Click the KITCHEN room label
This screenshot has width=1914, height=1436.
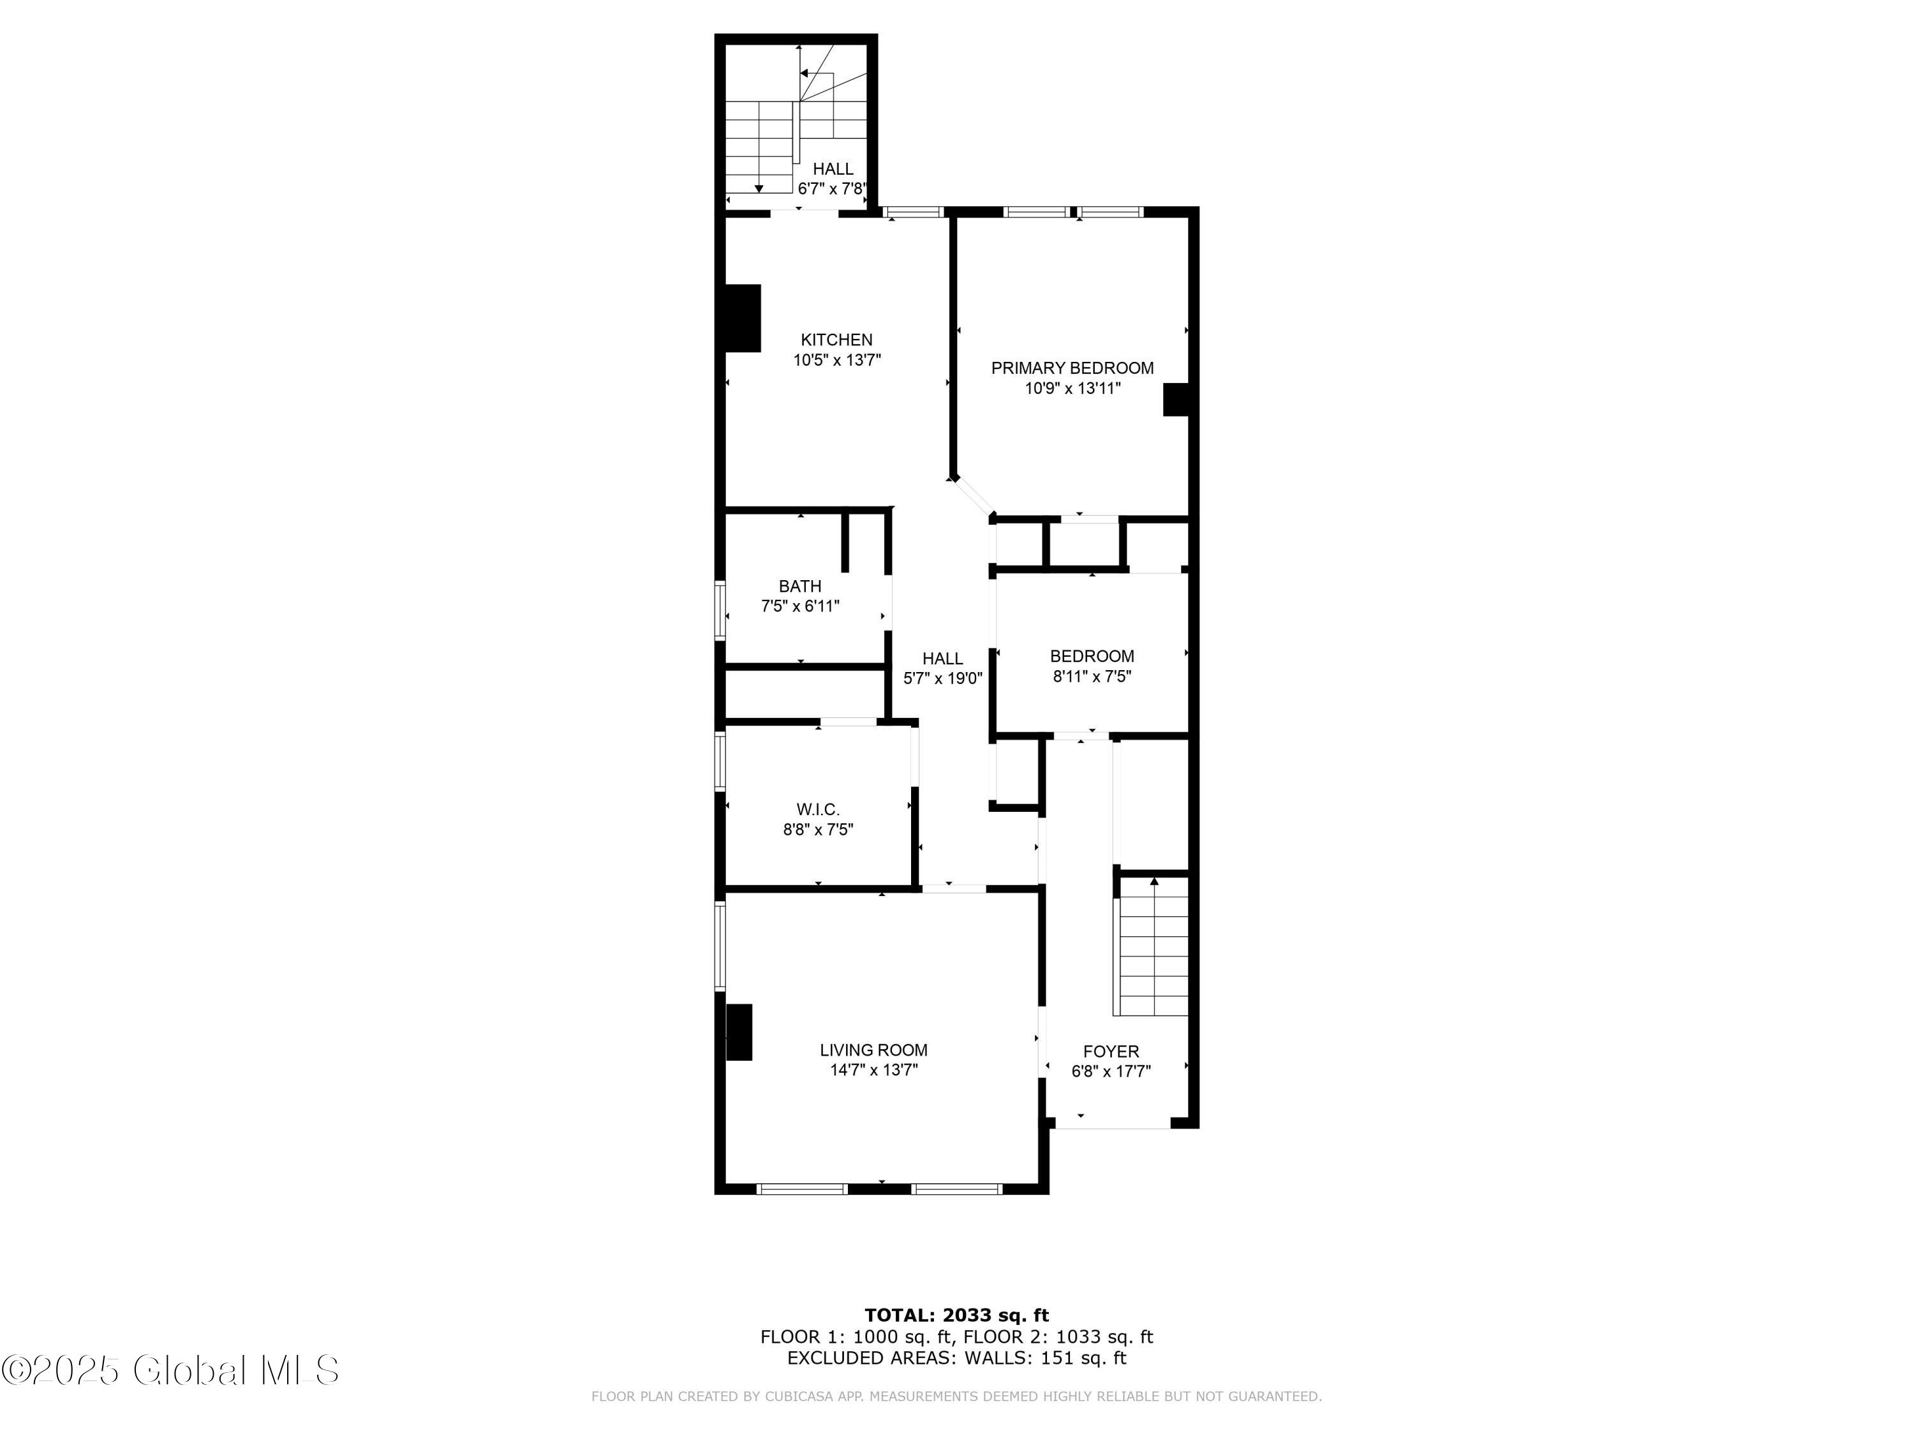[x=836, y=340]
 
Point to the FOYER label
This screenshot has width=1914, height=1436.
[x=1111, y=1052]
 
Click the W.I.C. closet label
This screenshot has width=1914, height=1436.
[x=818, y=809]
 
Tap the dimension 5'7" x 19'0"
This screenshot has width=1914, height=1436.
[x=942, y=678]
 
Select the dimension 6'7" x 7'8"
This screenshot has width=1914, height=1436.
[x=833, y=189]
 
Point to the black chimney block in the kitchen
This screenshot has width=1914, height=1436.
[x=743, y=318]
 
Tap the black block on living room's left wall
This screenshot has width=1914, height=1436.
[x=739, y=1032]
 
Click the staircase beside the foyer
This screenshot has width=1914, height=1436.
[x=1154, y=946]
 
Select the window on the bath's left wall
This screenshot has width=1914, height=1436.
[x=720, y=610]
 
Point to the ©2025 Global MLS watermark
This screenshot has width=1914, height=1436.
[x=170, y=1370]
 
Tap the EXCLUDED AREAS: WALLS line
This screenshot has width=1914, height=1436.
[x=956, y=1358]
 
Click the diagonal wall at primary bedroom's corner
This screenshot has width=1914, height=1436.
[x=972, y=498]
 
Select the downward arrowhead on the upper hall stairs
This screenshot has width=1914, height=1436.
[x=759, y=189]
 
